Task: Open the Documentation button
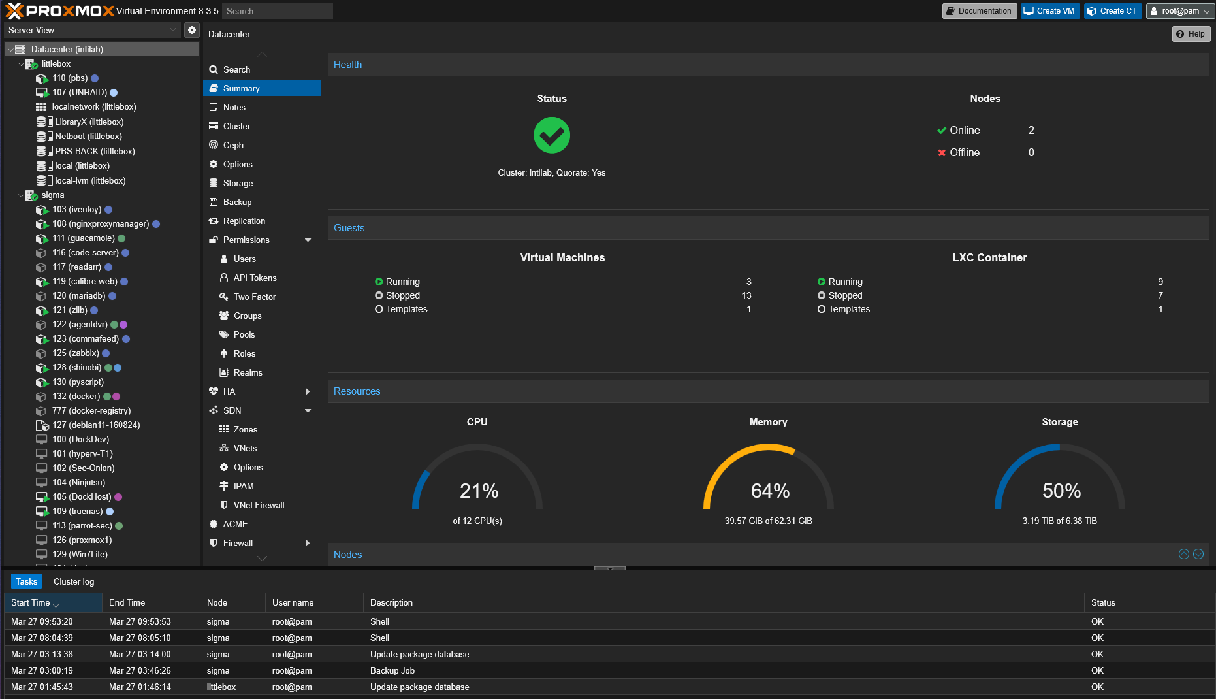click(x=979, y=11)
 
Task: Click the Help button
click(x=1191, y=34)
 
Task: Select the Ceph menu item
click(x=233, y=145)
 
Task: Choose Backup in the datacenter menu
click(x=237, y=202)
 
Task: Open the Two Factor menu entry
click(x=254, y=297)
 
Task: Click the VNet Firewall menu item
click(x=259, y=505)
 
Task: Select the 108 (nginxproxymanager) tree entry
click(x=101, y=223)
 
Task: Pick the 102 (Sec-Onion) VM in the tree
click(x=83, y=468)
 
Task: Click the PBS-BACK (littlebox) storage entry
click(x=95, y=151)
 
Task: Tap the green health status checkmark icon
click(x=551, y=135)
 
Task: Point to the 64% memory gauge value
click(x=770, y=491)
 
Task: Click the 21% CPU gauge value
click(x=479, y=491)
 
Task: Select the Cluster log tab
click(x=74, y=581)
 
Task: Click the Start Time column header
click(x=31, y=602)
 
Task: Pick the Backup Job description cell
click(x=392, y=670)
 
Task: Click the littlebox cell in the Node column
click(x=221, y=687)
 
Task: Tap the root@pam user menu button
click(x=1179, y=11)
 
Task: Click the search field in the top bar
click(x=278, y=11)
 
